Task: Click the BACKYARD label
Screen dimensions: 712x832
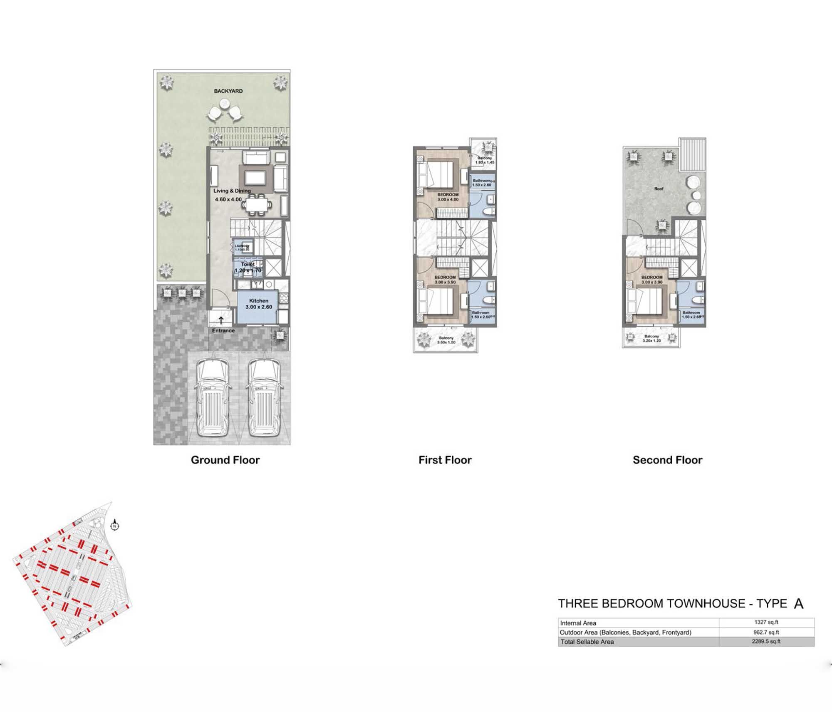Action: point(228,91)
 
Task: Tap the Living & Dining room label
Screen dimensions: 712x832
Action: point(232,191)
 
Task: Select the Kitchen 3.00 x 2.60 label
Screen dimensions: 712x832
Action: point(258,304)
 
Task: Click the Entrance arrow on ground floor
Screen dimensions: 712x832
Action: point(221,320)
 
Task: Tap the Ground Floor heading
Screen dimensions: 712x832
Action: point(225,460)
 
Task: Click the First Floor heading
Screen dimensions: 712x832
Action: point(445,460)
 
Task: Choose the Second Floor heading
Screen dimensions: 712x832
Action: point(667,460)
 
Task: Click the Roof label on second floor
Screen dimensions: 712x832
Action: point(659,189)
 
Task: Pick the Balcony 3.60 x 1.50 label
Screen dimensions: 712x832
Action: point(446,340)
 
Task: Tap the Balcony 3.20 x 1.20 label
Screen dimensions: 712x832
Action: point(651,338)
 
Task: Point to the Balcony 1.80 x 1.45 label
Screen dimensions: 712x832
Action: point(485,160)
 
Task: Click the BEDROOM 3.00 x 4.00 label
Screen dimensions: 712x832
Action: point(448,197)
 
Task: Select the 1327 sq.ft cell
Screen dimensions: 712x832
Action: point(766,623)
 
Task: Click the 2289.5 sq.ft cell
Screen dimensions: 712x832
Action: point(766,641)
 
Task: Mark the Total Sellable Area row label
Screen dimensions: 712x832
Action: point(587,642)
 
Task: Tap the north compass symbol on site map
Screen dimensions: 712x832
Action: point(115,526)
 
